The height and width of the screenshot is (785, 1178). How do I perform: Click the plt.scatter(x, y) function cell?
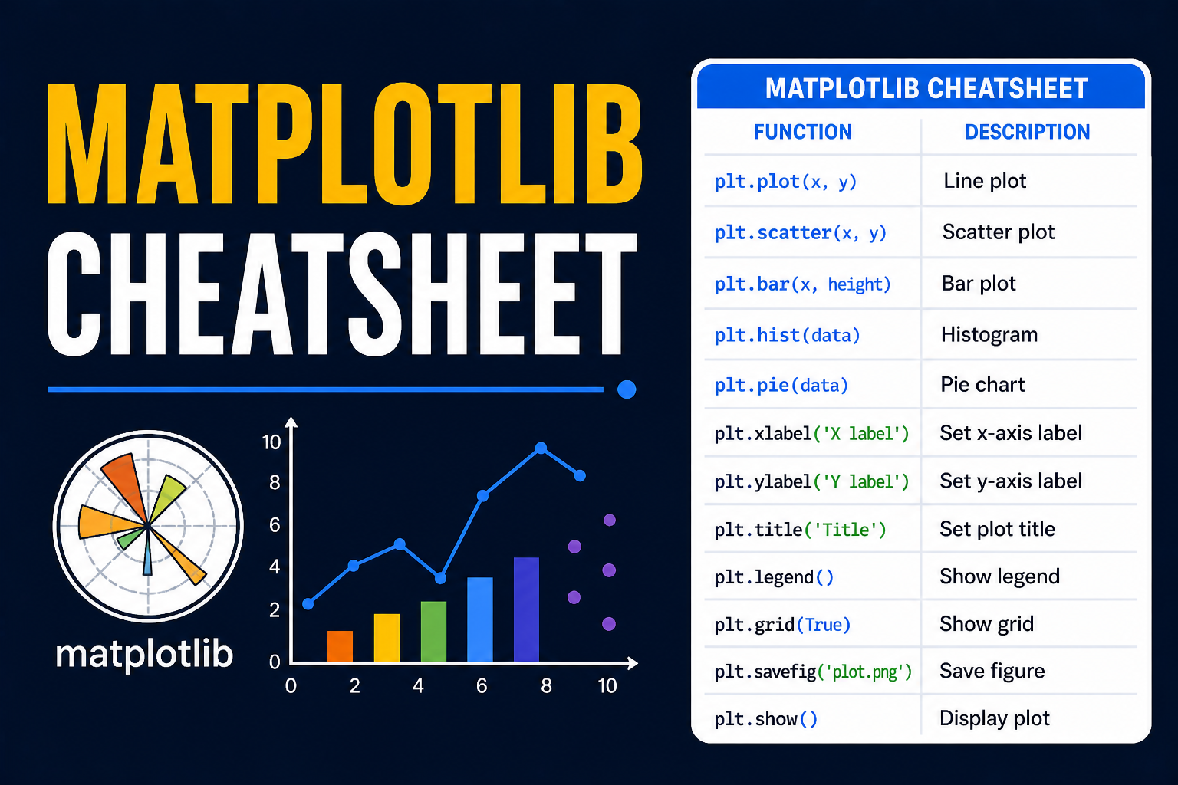(801, 232)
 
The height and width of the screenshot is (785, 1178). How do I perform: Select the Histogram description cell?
(989, 335)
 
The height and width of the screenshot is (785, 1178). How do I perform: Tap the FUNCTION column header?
(802, 132)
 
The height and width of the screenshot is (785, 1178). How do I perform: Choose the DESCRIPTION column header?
(1027, 132)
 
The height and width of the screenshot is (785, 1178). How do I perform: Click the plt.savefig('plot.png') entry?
(813, 672)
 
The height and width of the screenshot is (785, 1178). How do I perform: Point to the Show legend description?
(999, 576)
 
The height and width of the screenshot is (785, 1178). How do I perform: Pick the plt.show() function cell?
(765, 719)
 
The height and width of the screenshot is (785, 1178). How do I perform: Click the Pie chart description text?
(982, 385)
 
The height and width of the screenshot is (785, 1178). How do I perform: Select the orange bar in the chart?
(340, 646)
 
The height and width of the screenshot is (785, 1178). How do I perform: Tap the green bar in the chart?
(433, 632)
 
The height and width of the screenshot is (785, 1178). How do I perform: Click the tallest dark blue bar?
(526, 609)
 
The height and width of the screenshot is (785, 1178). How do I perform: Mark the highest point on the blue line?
(541, 448)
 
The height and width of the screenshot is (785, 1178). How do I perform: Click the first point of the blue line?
(308, 604)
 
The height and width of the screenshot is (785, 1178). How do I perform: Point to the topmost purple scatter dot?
(610, 520)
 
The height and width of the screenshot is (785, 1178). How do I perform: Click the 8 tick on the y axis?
(275, 483)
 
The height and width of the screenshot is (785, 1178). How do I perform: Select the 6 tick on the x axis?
(482, 685)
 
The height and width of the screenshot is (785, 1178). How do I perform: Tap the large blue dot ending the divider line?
(627, 389)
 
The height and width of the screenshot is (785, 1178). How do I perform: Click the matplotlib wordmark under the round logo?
(144, 655)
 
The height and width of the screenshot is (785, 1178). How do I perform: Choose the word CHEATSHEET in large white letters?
(342, 294)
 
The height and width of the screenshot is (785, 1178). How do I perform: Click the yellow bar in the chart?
(387, 638)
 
